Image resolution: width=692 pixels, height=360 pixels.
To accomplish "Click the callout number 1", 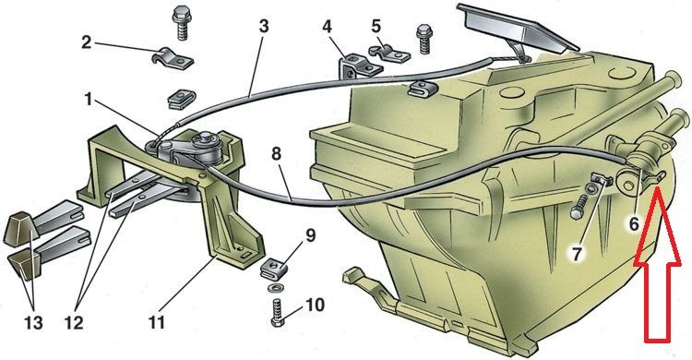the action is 89,100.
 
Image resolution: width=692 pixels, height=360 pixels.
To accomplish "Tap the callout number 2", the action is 87,42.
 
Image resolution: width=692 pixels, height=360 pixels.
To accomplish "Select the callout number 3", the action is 264,27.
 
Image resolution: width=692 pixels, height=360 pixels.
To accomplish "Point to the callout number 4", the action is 327,27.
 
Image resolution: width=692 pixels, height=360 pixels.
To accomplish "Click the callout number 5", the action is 376,26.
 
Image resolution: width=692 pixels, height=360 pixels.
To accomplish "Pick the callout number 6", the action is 634,225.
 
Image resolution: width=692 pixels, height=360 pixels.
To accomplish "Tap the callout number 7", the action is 577,254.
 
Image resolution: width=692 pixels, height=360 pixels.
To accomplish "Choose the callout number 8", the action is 276,155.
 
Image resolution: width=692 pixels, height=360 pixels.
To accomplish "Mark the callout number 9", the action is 311,235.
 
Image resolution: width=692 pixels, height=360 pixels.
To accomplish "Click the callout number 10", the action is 315,305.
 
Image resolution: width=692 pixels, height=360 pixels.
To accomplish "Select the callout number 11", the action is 157,322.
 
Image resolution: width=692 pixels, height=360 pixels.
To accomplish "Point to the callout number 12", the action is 74,323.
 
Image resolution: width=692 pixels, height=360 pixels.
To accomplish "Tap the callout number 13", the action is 33,323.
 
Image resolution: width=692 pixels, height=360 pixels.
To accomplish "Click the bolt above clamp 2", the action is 180,22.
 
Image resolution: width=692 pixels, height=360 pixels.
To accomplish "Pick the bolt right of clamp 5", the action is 424,40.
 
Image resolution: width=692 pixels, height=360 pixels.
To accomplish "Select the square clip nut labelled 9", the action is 275,269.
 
